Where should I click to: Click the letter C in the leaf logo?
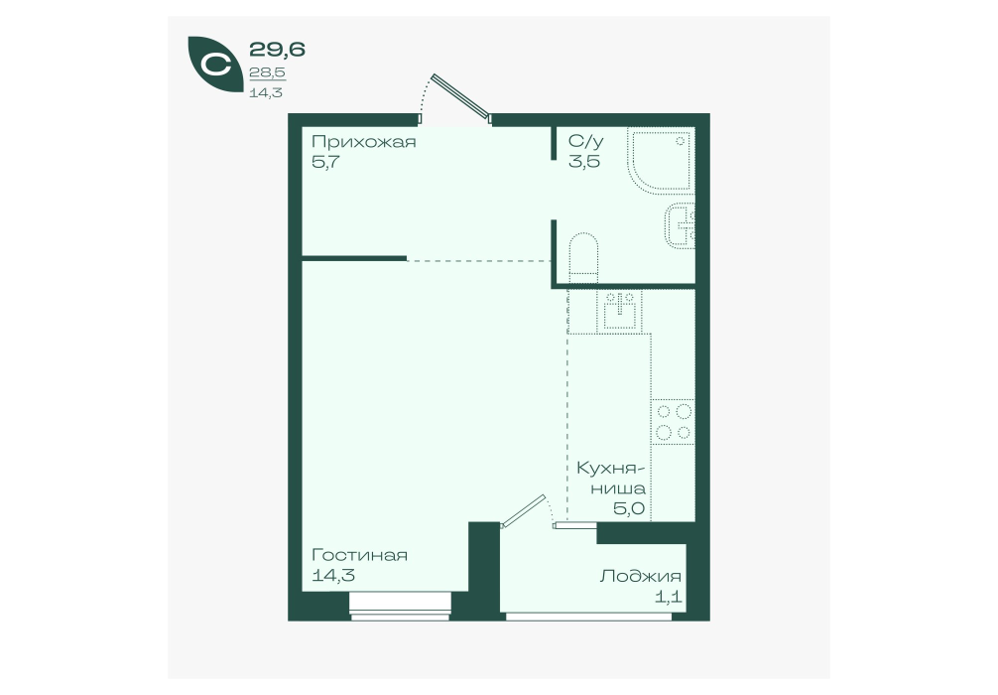[215, 65]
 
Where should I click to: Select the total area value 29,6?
[277, 49]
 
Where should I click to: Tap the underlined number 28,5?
[267, 72]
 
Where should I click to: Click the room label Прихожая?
[363, 142]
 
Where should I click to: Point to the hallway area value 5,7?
[325, 162]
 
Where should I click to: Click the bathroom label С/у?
[585, 141]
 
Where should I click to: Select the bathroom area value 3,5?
[583, 161]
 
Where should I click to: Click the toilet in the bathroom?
[583, 258]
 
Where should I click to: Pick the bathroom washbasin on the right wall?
[681, 225]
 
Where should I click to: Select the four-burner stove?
[673, 422]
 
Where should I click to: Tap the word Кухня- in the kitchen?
[611, 469]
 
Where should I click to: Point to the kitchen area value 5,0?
[629, 508]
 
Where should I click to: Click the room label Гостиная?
[359, 555]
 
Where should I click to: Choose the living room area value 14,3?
[333, 576]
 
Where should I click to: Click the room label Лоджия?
[640, 577]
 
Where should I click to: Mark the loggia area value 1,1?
[669, 598]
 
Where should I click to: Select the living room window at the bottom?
[401, 606]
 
